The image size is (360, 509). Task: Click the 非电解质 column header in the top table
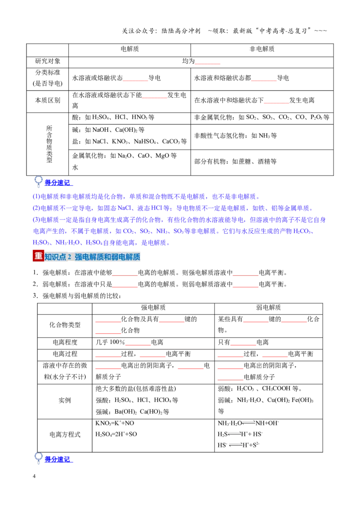click(262, 49)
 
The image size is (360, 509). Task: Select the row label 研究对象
click(47, 61)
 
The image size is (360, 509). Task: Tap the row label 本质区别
click(47, 101)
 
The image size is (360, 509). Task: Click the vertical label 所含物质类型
click(49, 144)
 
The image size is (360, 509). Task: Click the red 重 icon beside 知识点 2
click(38, 256)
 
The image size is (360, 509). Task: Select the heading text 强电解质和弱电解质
click(107, 257)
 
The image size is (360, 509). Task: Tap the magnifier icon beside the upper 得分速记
click(38, 181)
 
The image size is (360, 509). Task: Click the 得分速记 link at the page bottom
click(57, 460)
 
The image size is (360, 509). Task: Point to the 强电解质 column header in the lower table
click(153, 308)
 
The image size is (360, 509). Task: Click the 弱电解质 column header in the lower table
click(268, 308)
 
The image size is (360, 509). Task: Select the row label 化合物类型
click(65, 325)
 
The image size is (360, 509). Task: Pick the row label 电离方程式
click(65, 435)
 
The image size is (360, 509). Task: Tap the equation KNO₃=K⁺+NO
click(115, 423)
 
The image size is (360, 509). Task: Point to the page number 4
click(34, 477)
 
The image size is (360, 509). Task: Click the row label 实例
click(65, 401)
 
